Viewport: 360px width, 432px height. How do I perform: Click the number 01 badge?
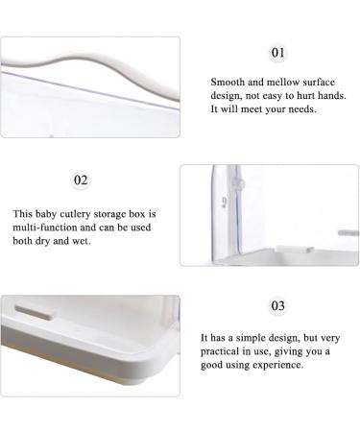277,53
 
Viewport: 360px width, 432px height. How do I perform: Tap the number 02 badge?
81,180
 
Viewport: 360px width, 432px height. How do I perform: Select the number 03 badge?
277,306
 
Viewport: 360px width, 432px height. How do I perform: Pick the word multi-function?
45,228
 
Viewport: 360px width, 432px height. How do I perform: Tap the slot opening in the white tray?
34,312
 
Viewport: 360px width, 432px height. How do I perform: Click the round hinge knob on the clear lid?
239,183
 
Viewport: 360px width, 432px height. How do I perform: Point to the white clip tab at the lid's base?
295,250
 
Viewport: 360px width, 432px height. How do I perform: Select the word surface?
319,82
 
